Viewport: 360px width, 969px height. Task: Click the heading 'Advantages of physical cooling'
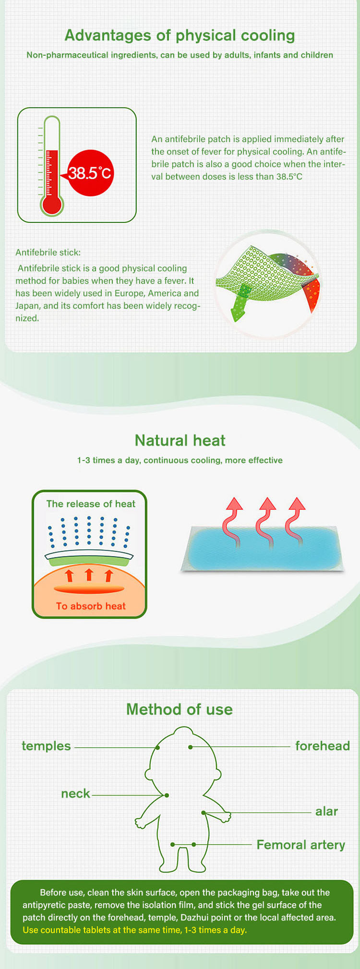(180, 36)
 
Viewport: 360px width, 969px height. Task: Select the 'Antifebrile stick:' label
(48, 253)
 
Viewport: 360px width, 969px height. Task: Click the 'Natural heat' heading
(180, 440)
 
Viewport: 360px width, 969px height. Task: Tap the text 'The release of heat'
(91, 504)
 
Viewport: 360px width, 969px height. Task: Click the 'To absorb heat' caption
(91, 606)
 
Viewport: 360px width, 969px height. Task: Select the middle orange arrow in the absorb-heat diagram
(89, 574)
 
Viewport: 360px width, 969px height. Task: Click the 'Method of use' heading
(180, 710)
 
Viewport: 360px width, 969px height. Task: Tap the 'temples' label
(46, 746)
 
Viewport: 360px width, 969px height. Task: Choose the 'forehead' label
(323, 746)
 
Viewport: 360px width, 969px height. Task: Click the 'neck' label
(75, 794)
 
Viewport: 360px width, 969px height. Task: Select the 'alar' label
(326, 812)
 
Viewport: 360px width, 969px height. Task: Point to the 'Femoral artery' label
(301, 845)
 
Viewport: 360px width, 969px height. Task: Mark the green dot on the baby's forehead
(191, 747)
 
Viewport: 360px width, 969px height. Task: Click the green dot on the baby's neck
(167, 795)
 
